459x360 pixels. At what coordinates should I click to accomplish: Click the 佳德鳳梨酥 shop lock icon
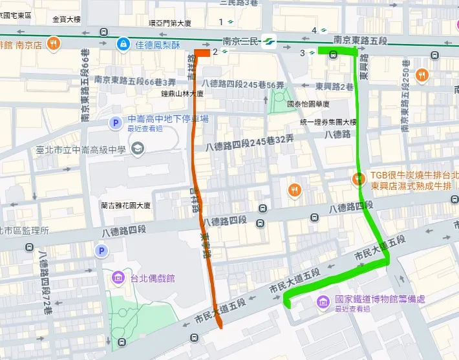[122, 44]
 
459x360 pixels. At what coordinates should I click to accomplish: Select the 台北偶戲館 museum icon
[118, 279]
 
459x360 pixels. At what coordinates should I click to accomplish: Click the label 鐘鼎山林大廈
[182, 94]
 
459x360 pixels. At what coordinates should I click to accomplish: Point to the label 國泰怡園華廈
[308, 103]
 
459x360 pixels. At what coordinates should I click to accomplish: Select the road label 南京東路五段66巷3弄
[135, 81]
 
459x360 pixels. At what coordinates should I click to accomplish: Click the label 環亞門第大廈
[170, 23]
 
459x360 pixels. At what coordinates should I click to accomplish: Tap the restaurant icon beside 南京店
[55, 44]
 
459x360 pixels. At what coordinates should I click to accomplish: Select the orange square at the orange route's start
[202, 53]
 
